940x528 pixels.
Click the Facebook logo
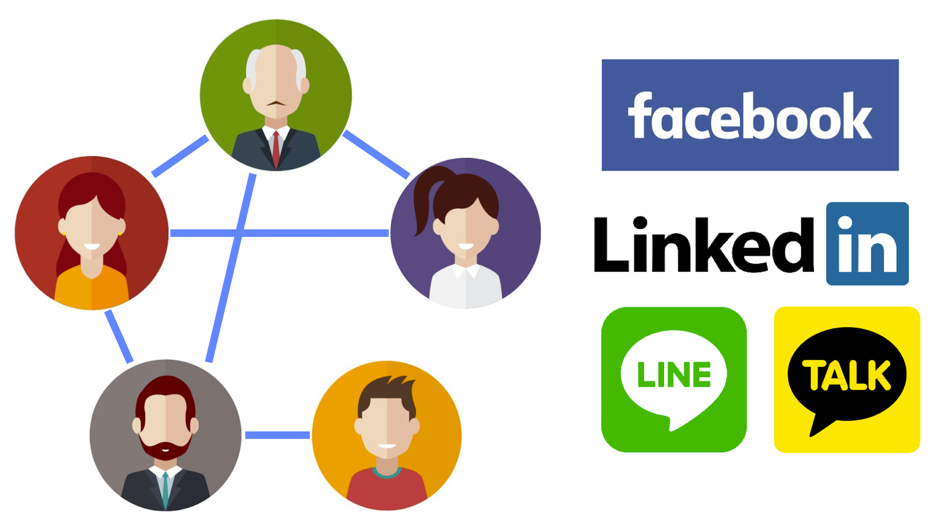(749, 115)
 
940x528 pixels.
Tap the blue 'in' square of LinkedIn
(867, 244)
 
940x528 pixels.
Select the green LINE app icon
(674, 379)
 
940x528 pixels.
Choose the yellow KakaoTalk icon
(846, 379)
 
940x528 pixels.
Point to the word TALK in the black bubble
(846, 375)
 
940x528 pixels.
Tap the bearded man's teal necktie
(166, 488)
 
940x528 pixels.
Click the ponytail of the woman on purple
(423, 201)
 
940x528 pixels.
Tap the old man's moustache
(276, 104)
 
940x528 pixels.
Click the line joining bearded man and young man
(277, 435)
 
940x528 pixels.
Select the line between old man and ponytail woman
(376, 153)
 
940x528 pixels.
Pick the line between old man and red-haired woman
(180, 156)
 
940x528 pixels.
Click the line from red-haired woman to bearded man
(118, 336)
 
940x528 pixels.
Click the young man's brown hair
(388, 388)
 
